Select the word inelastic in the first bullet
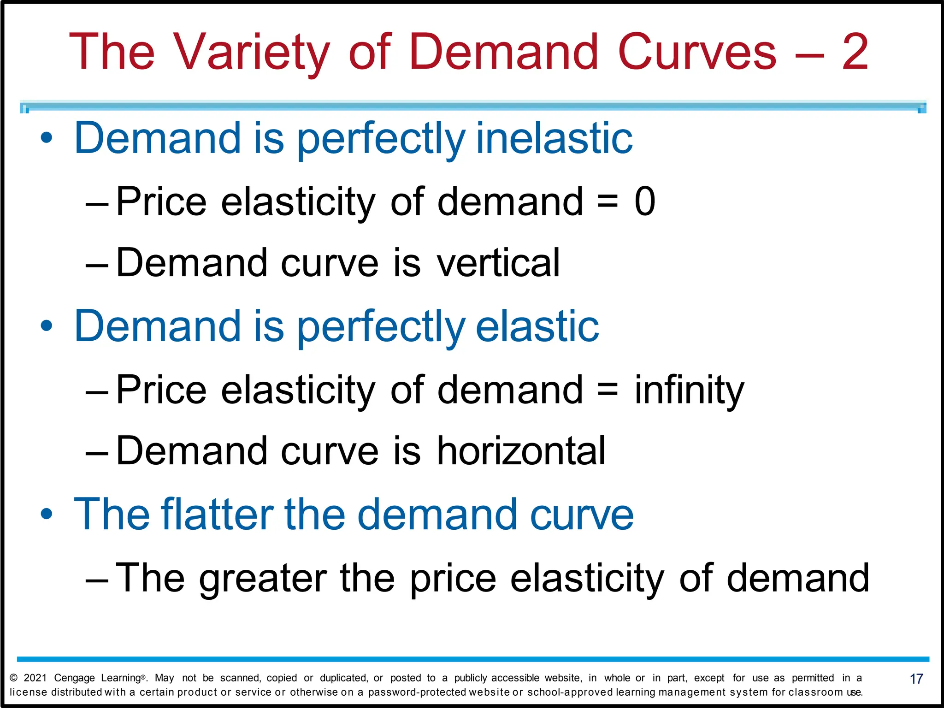click(x=554, y=138)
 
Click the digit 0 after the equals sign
click(x=644, y=201)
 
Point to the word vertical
click(x=498, y=263)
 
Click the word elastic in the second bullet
click(x=537, y=326)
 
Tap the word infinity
click(x=689, y=390)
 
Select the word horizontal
click(x=521, y=451)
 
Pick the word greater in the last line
click(x=263, y=579)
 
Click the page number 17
click(x=916, y=679)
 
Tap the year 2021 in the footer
click(x=35, y=678)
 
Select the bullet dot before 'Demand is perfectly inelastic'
click(x=47, y=138)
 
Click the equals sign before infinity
click(x=608, y=390)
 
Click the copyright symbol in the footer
click(x=13, y=678)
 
